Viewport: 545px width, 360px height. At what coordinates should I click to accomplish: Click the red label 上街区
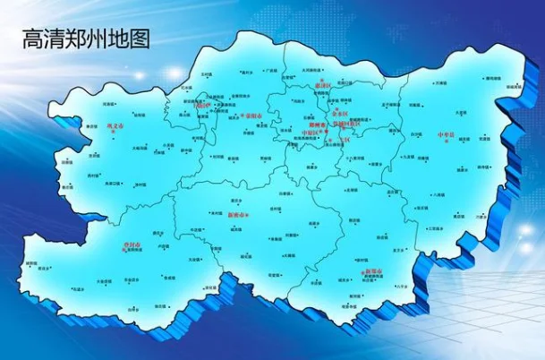point(204,105)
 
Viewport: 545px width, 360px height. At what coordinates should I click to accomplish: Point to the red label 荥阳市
point(251,116)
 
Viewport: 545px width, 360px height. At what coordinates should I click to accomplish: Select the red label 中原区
point(309,132)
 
